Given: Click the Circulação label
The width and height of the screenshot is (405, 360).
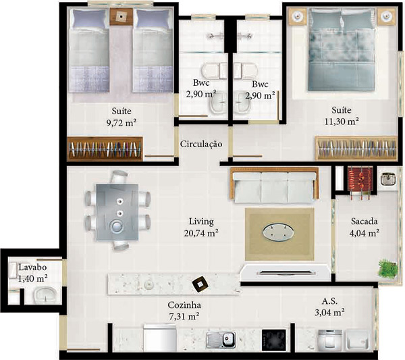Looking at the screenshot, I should click(201, 144).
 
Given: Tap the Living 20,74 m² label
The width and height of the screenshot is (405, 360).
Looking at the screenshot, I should click(202, 227).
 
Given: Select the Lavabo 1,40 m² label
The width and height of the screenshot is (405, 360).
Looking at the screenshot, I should click(32, 272).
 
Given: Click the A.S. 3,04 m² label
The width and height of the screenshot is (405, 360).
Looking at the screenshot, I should click(330, 307).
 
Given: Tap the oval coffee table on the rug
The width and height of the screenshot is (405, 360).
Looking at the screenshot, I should click(279, 232).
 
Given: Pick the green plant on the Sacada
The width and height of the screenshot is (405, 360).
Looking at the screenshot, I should click(387, 267).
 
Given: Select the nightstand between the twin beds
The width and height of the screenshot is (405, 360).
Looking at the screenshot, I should click(122, 16).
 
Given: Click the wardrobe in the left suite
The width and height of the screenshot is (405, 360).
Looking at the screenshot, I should click(105, 149).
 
